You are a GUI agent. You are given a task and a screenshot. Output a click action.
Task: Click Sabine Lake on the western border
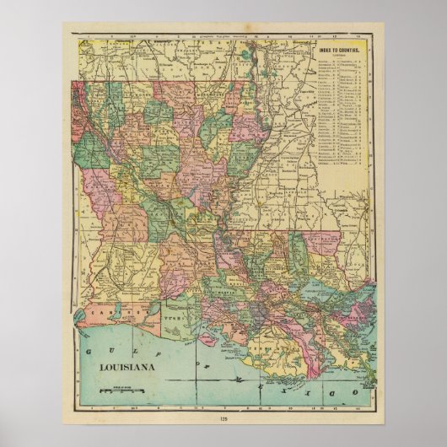click(78, 312)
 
